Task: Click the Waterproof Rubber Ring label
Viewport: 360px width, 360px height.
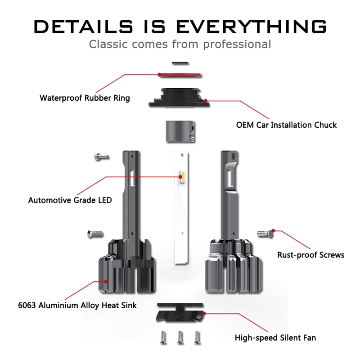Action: click(85, 98)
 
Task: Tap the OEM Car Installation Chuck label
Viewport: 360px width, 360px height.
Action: click(286, 125)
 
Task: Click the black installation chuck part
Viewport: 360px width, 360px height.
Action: click(179, 97)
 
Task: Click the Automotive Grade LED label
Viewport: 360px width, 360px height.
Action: click(70, 200)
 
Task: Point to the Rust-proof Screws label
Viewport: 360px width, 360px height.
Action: click(311, 255)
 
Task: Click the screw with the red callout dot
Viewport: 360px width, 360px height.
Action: click(265, 233)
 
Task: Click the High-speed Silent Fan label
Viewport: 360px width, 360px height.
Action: click(275, 337)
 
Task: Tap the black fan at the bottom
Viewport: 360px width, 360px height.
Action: click(180, 315)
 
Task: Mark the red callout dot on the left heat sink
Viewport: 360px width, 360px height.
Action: click(106, 281)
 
